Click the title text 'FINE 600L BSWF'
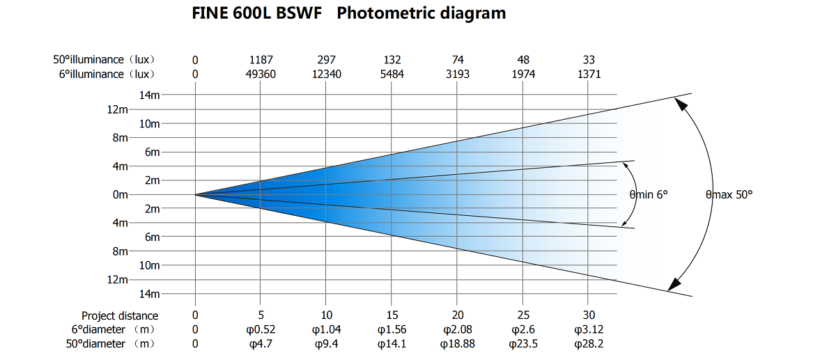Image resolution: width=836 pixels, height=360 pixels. click(257, 13)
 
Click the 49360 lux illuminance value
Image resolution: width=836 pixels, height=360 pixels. click(260, 74)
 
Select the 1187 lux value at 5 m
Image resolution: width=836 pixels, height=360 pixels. click(260, 60)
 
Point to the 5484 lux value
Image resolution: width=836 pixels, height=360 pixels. click(392, 74)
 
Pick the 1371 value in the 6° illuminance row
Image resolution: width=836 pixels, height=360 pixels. click(589, 74)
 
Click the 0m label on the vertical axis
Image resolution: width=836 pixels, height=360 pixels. click(120, 195)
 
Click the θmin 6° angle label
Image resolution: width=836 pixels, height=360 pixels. click(649, 195)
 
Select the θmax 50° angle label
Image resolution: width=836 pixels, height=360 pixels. click(729, 195)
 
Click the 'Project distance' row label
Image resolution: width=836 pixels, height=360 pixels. click(120, 315)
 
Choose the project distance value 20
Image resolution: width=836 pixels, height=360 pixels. click(458, 315)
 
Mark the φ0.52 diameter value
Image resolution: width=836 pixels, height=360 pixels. click(260, 329)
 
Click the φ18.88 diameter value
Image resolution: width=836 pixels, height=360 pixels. click(458, 343)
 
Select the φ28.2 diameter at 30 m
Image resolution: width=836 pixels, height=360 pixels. click(589, 343)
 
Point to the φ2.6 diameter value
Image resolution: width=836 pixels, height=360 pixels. click(523, 329)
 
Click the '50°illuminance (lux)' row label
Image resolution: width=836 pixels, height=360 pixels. click(104, 60)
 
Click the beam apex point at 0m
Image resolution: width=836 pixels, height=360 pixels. click(195, 195)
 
